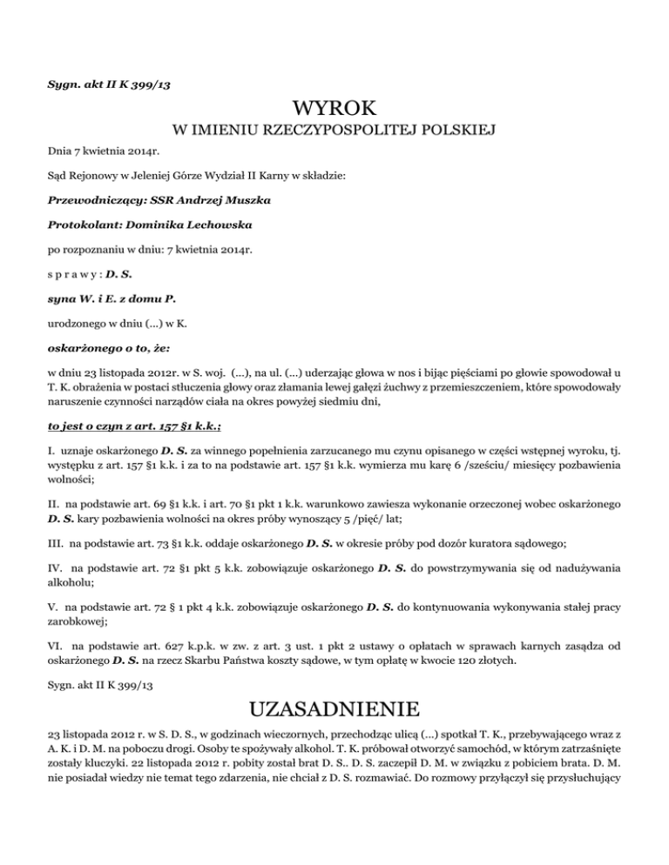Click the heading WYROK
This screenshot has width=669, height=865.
(x=334, y=109)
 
